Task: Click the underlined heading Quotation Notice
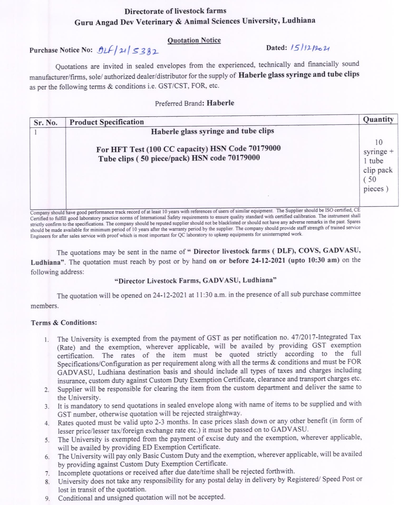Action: pyautogui.click(x=194, y=40)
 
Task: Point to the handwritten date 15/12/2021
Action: pyautogui.click(x=310, y=48)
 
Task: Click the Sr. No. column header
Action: pyautogui.click(x=46, y=123)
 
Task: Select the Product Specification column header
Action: pyautogui.click(x=107, y=122)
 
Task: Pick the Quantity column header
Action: pyautogui.click(x=378, y=119)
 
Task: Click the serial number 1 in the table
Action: pyautogui.click(x=36, y=132)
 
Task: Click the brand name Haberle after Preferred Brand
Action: pyautogui.click(x=220, y=103)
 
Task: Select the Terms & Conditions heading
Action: pyautogui.click(x=64, y=323)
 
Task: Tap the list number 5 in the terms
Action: pyautogui.click(x=47, y=440)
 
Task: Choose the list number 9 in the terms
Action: pyautogui.click(x=47, y=498)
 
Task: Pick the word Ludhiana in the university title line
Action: pyautogui.click(x=298, y=21)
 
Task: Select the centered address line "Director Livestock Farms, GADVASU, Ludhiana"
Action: pyautogui.click(x=195, y=280)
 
